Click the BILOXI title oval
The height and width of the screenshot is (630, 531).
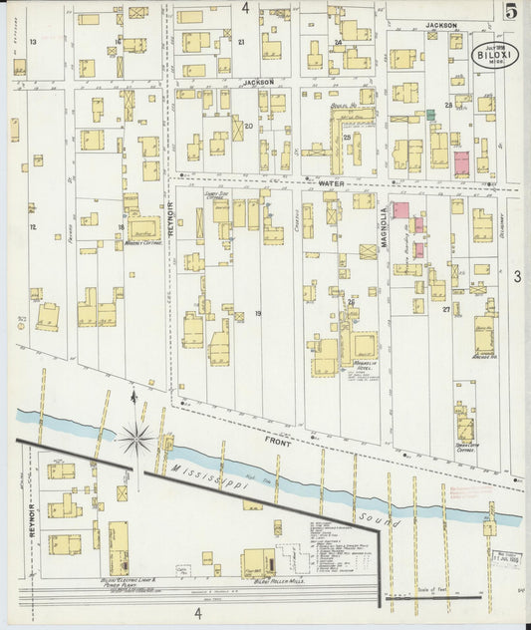tap(494, 52)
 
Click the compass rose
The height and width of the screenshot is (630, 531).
tap(135, 436)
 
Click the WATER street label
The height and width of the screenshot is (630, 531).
tap(331, 184)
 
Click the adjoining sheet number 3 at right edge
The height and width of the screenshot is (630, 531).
tap(517, 275)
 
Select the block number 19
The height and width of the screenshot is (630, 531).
tap(257, 315)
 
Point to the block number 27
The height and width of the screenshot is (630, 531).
tap(459, 310)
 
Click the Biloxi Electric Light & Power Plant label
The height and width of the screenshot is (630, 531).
tap(109, 579)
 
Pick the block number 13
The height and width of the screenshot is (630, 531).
tap(33, 42)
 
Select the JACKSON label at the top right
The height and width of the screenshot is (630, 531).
tap(440, 25)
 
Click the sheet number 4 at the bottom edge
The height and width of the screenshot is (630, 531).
tap(197, 614)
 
